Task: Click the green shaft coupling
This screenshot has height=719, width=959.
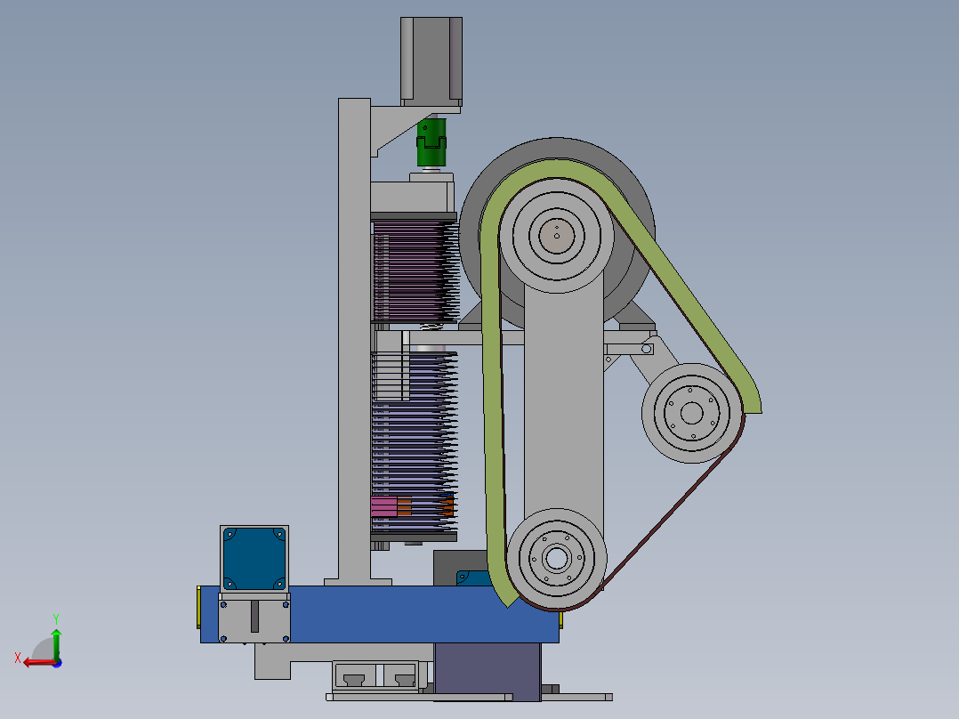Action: tap(431, 142)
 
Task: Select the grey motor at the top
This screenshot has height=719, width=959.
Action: tap(431, 61)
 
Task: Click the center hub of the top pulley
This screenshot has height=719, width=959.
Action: tap(557, 236)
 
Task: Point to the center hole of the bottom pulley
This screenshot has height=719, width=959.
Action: tap(556, 558)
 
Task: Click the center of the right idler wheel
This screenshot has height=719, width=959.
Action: tap(692, 413)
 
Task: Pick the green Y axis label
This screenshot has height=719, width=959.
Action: tap(56, 619)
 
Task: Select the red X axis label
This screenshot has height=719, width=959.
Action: tap(18, 658)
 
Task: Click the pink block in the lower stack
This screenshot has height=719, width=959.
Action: tap(384, 506)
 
